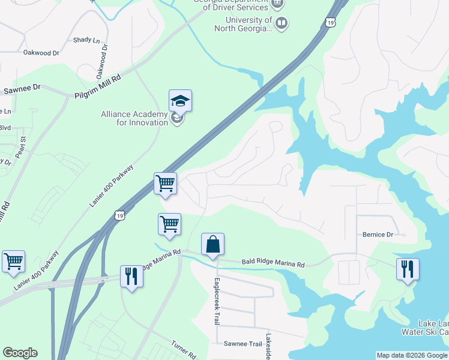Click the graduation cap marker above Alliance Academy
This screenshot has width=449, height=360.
click(x=180, y=101)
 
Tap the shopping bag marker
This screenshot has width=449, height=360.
click(x=212, y=244)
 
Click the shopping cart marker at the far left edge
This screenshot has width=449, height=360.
click(x=13, y=262)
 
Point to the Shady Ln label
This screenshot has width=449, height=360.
click(x=86, y=40)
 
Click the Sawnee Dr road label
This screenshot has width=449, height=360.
click(x=22, y=88)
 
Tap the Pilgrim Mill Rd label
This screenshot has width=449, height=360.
click(x=98, y=87)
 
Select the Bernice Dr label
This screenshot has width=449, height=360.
click(x=377, y=235)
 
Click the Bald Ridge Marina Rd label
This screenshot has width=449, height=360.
click(x=273, y=263)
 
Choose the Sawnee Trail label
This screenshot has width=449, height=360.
click(x=243, y=344)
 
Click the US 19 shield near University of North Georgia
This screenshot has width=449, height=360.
click(x=330, y=22)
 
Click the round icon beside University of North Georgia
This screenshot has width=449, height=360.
click(x=282, y=23)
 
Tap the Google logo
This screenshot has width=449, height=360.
click(x=20, y=353)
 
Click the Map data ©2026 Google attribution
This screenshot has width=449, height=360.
click(x=412, y=355)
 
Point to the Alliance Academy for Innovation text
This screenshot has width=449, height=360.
click(x=134, y=118)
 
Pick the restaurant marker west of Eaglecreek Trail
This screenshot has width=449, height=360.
click(x=131, y=276)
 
